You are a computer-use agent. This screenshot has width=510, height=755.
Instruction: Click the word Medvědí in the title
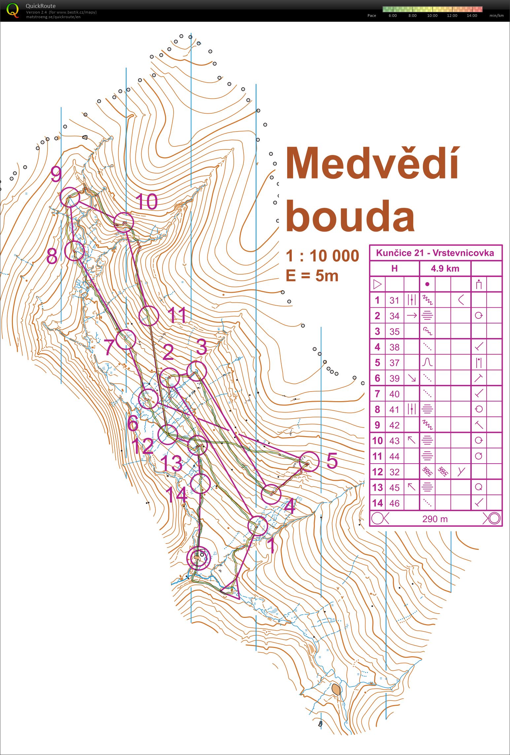pos(372,164)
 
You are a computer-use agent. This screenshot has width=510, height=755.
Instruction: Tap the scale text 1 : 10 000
pos(322,256)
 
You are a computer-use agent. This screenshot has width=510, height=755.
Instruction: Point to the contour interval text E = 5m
pos(312,276)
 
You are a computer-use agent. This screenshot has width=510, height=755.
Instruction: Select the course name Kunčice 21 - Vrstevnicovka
pos(435,253)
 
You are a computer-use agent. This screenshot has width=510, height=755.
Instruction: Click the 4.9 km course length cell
pos(445,268)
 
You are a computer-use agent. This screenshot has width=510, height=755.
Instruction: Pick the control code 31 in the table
pos(394,300)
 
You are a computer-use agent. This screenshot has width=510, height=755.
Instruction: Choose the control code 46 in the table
pos(394,503)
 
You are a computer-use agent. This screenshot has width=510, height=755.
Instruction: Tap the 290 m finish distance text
pos(435,519)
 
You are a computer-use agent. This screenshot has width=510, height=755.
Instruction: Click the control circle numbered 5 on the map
pos(309,462)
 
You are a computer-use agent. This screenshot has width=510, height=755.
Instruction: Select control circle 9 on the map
pos(70,197)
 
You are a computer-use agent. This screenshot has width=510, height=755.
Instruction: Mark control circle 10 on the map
pos(123,222)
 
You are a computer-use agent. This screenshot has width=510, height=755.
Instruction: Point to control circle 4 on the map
pos(271,495)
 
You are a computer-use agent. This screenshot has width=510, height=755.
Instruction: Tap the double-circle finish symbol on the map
pos(198,558)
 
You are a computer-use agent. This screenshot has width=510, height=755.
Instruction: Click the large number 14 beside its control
pos(176,495)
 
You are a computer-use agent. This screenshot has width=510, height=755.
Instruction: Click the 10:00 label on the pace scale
pos(432,16)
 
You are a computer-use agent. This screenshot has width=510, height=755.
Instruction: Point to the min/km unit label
pos(496,16)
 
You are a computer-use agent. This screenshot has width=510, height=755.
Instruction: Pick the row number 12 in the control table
pos(377,472)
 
